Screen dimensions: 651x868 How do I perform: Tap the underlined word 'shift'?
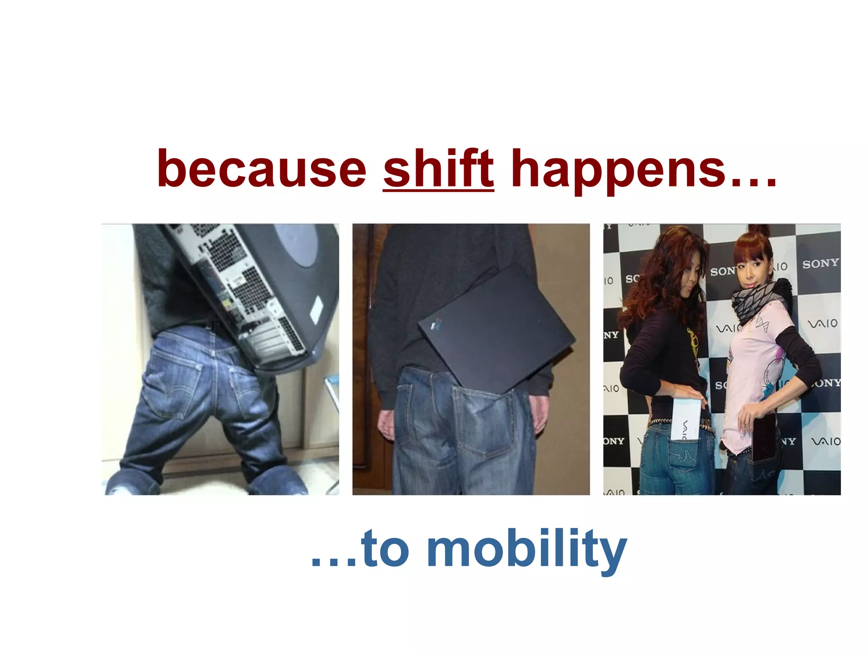point(438,169)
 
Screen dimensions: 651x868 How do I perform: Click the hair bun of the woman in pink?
point(759,232)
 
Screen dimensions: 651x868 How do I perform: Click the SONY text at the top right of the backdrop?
point(820,263)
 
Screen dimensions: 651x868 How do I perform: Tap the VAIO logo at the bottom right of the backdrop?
point(825,441)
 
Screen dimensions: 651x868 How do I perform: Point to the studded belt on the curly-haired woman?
point(661,422)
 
